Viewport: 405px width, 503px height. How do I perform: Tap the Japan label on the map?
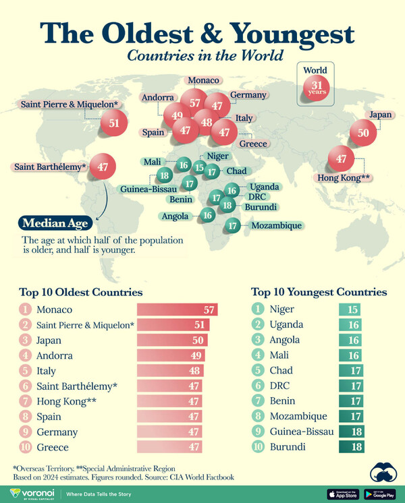click(x=380, y=115)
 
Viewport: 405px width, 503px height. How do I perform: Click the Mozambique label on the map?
click(x=275, y=226)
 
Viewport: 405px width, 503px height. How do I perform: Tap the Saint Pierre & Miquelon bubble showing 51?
click(x=114, y=123)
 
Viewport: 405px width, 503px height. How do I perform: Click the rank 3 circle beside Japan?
click(x=25, y=340)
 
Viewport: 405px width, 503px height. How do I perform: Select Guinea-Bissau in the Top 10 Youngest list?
click(x=301, y=432)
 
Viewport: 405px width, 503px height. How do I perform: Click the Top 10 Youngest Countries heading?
click(x=319, y=292)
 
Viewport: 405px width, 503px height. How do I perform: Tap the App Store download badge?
click(x=342, y=494)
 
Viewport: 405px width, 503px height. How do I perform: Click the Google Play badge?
click(x=379, y=494)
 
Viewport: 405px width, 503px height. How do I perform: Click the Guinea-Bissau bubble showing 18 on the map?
click(x=164, y=176)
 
